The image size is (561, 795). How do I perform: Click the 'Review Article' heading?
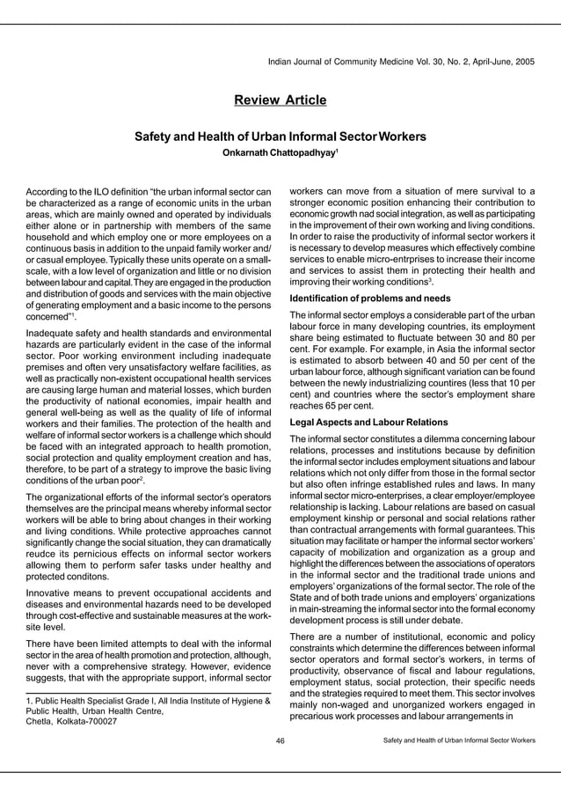(280, 100)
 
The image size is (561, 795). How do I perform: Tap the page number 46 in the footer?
(280, 740)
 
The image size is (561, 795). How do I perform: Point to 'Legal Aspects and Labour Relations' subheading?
(368, 422)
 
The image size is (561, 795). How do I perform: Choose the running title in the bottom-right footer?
(459, 740)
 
